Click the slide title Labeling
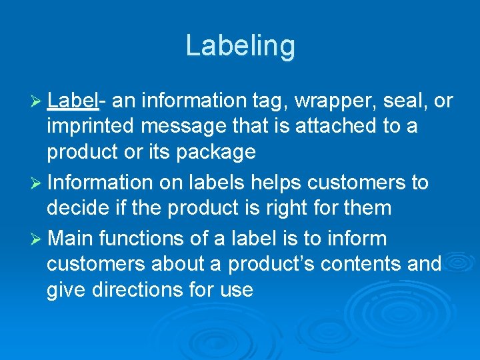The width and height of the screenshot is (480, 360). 240,46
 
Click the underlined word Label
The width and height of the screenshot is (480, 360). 73,101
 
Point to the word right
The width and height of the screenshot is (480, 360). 294,208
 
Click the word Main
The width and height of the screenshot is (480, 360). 73,238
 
